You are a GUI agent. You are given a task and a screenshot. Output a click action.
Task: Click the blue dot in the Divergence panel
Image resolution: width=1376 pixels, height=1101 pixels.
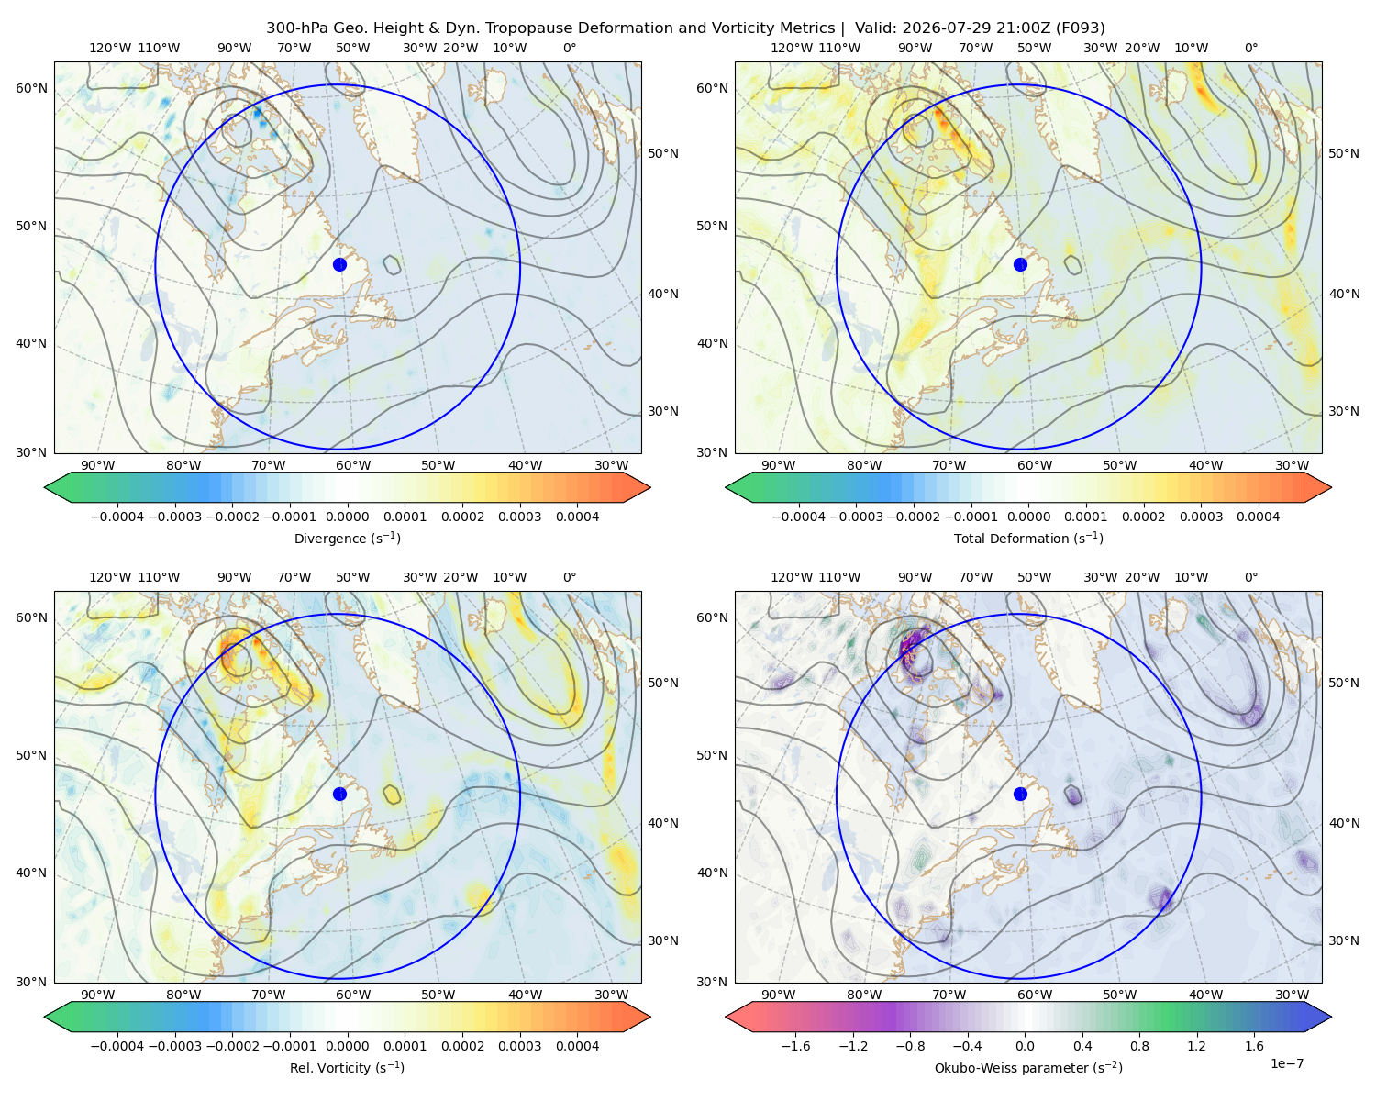339,264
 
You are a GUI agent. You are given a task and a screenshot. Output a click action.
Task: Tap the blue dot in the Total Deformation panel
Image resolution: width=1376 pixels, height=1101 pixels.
1020,264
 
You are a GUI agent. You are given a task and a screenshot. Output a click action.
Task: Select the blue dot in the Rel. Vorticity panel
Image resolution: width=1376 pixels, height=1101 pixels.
339,794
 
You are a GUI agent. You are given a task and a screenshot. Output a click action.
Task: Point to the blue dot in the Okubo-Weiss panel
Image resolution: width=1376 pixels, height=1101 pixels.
1020,794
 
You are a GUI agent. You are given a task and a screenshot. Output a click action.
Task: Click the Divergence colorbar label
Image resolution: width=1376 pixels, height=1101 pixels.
347,538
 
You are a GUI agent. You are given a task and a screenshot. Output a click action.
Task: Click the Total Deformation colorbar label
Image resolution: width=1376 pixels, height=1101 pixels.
1028,538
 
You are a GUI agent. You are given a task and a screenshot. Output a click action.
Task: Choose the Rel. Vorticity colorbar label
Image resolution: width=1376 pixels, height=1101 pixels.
347,1067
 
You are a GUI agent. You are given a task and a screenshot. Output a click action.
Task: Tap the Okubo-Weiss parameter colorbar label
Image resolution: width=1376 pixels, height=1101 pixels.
1028,1067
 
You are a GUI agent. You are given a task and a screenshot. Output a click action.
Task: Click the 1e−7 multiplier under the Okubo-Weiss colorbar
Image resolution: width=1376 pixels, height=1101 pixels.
1286,1063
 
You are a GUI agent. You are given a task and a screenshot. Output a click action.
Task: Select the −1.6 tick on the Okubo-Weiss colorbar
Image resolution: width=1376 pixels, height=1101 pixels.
795,1045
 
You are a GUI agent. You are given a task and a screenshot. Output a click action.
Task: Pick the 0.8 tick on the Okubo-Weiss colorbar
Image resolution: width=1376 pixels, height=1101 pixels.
1139,1045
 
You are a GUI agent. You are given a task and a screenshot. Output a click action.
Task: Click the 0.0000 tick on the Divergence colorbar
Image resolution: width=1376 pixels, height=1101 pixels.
347,517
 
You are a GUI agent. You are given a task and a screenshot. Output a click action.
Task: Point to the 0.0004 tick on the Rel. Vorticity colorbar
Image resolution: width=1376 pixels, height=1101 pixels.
577,1045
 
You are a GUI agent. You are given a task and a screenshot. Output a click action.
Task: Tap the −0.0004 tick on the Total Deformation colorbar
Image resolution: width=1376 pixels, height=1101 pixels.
799,517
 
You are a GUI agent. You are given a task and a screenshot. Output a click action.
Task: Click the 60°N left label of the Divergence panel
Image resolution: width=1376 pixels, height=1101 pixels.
31,88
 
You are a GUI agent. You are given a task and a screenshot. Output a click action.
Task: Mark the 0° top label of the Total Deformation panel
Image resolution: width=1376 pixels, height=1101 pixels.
1250,48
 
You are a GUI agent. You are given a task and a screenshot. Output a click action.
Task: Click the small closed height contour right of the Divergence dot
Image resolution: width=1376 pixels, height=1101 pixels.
392,265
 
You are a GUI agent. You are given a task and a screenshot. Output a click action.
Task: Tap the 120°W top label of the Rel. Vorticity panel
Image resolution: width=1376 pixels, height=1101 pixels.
110,577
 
